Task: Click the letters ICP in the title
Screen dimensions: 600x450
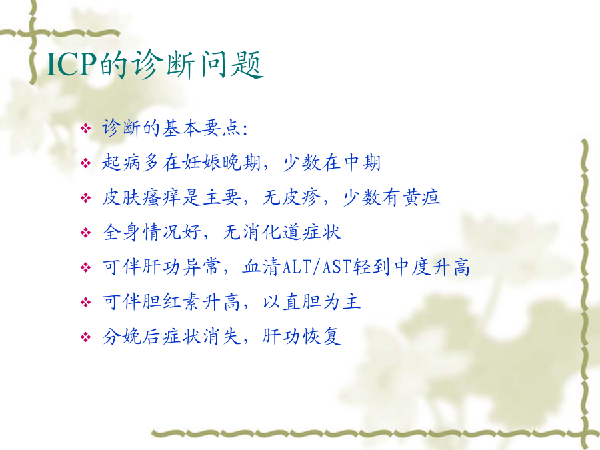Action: (x=71, y=64)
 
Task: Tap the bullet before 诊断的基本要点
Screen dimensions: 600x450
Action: (x=86, y=128)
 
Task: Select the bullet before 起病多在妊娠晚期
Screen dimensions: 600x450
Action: (x=86, y=163)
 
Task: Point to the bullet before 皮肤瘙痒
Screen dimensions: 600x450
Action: (x=86, y=198)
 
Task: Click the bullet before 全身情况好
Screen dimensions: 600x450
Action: (x=86, y=233)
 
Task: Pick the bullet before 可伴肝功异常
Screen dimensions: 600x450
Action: (x=86, y=267)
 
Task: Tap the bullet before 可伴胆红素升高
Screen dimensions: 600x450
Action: (x=86, y=302)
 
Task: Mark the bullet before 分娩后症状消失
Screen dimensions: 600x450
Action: (x=86, y=337)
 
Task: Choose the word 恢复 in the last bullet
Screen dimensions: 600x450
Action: (x=321, y=337)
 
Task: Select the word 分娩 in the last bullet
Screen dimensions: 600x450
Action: (x=122, y=337)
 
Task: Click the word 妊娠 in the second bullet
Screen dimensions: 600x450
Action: (x=201, y=163)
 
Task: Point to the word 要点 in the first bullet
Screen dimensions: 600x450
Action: (x=221, y=128)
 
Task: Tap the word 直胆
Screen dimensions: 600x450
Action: (x=302, y=302)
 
